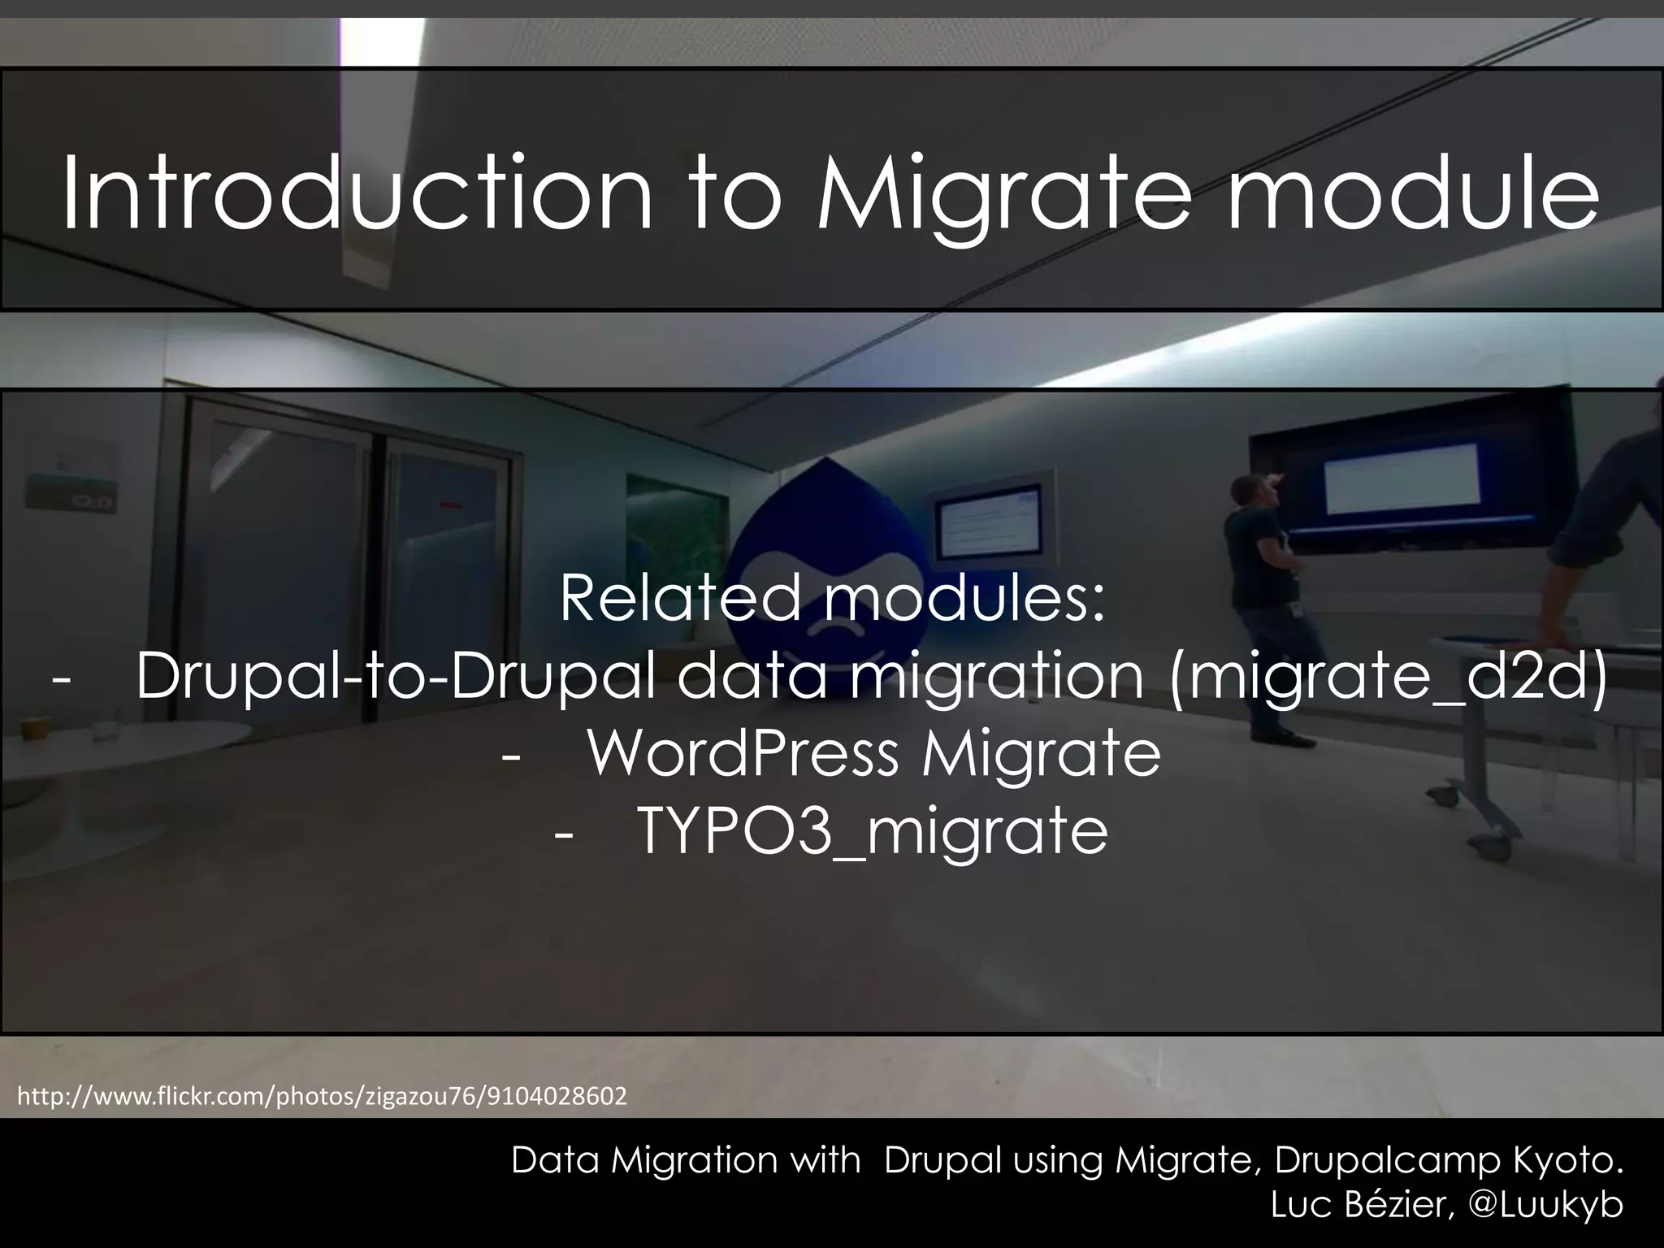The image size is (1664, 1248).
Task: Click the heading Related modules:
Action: point(832,598)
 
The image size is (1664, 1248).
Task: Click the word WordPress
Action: point(743,753)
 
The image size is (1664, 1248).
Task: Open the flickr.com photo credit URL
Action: point(322,1097)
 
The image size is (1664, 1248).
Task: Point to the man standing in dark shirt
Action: point(1267,601)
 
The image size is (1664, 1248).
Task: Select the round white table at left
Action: point(114,743)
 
